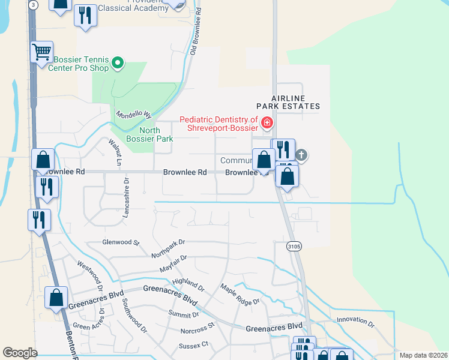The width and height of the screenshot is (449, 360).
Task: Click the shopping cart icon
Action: [41, 52]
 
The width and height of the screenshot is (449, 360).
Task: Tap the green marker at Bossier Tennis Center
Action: [118, 61]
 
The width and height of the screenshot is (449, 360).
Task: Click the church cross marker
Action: [301, 155]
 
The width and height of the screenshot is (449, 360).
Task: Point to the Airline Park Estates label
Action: [295, 102]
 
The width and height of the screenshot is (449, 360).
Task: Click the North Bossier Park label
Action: [156, 134]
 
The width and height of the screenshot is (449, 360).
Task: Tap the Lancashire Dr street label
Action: [126, 199]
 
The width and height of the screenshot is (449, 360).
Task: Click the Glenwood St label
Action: [121, 243]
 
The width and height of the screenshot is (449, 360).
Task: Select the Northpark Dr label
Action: [169, 248]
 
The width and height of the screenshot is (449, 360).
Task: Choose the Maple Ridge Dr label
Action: [240, 293]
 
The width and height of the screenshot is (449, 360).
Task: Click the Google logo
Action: [20, 353]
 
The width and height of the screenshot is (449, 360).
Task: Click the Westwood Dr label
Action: [89, 274]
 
